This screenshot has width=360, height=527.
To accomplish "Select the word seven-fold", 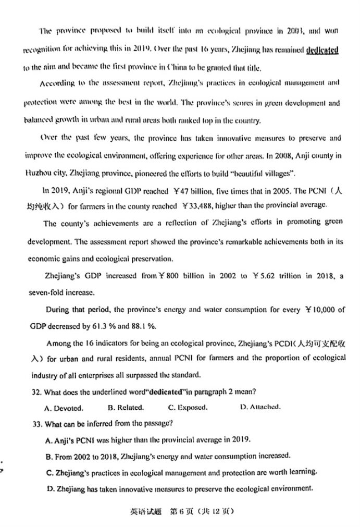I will click(46, 292).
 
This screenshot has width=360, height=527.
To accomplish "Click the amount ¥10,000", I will click(325, 310).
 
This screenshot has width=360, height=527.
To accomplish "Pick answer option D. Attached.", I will click(260, 407).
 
